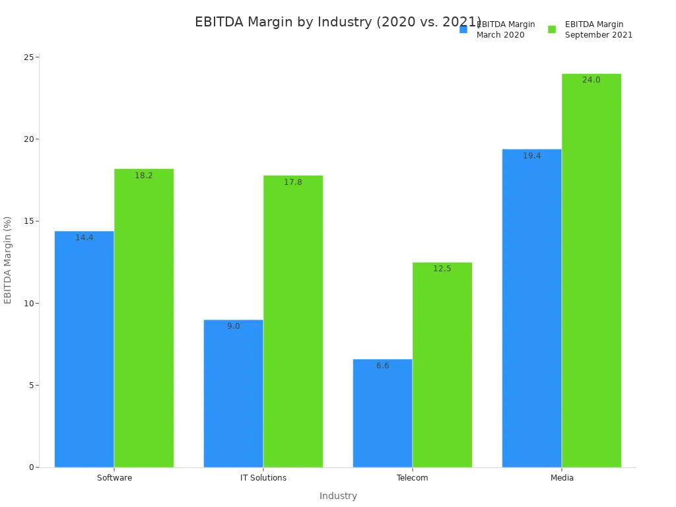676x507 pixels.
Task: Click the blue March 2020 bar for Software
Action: point(84,349)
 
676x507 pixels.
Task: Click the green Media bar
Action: point(591,271)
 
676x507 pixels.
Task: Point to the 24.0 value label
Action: point(591,80)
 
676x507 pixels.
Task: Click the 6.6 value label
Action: point(383,366)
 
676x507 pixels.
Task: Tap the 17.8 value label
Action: point(293,182)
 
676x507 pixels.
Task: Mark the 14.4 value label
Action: point(84,238)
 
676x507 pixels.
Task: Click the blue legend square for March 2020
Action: point(463,29)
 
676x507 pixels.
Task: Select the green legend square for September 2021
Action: point(552,29)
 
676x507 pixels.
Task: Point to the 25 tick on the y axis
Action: point(29,57)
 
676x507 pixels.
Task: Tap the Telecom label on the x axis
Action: point(413,478)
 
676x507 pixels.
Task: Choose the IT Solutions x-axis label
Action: point(263,478)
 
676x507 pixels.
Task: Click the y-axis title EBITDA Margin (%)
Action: point(8,260)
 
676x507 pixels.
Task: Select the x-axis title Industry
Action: point(338,496)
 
